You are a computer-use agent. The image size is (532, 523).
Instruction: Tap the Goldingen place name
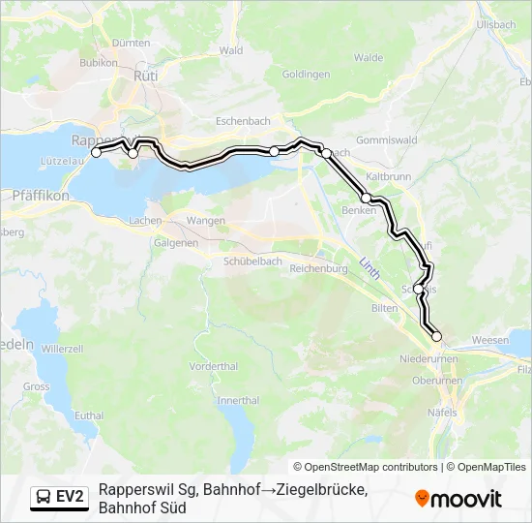(306, 74)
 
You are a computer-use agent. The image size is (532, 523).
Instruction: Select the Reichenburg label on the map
(318, 268)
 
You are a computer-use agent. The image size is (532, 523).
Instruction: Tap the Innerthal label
(238, 400)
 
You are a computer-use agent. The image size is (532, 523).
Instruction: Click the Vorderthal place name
(214, 366)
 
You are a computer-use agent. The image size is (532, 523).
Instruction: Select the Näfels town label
(441, 413)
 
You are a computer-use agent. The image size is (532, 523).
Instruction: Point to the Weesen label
(490, 340)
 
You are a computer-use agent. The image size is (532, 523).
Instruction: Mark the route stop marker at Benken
(367, 198)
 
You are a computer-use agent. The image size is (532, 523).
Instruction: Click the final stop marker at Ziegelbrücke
(436, 336)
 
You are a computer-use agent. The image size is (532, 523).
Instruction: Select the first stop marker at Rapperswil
(96, 152)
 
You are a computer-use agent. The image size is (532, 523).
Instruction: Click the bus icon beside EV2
(44, 498)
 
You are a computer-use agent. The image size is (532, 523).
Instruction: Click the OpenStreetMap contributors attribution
(366, 467)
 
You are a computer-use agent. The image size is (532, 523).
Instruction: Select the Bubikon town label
(99, 63)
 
